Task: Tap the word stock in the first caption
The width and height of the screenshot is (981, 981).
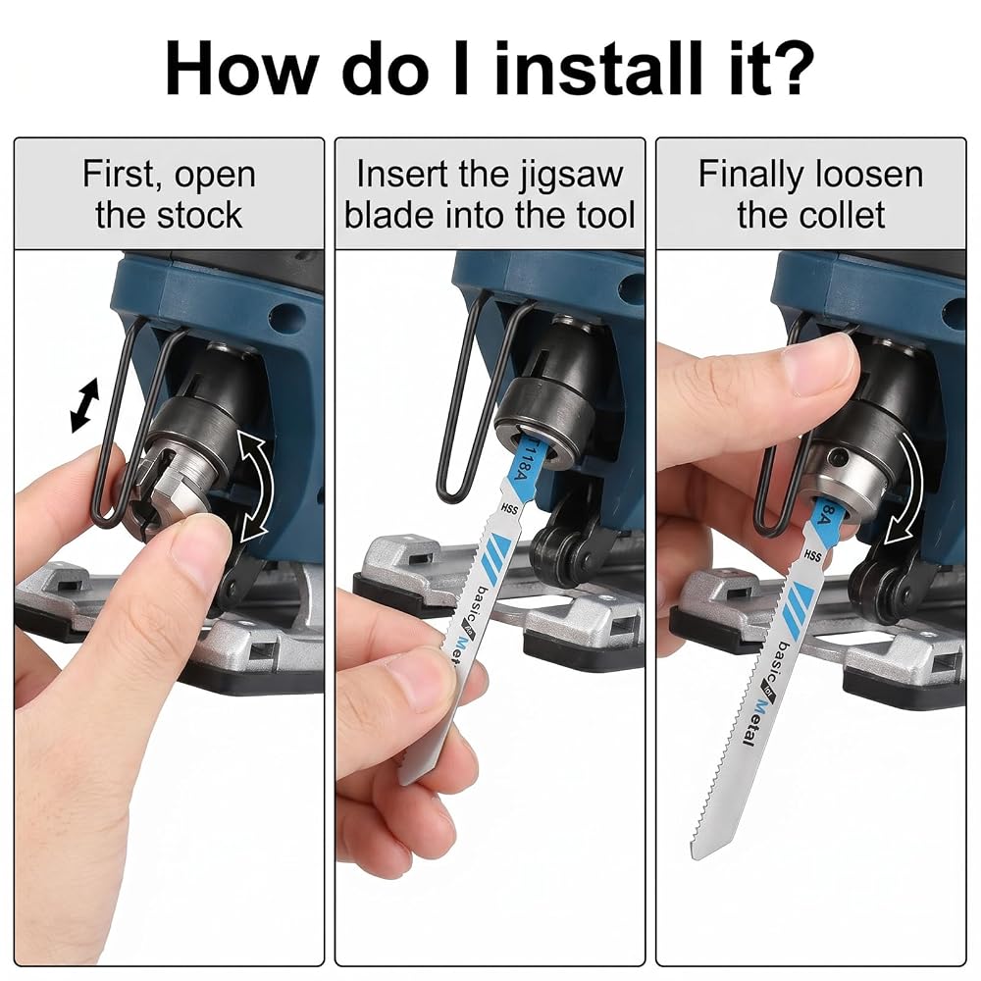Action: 199,215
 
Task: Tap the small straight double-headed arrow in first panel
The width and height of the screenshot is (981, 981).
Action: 85,405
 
